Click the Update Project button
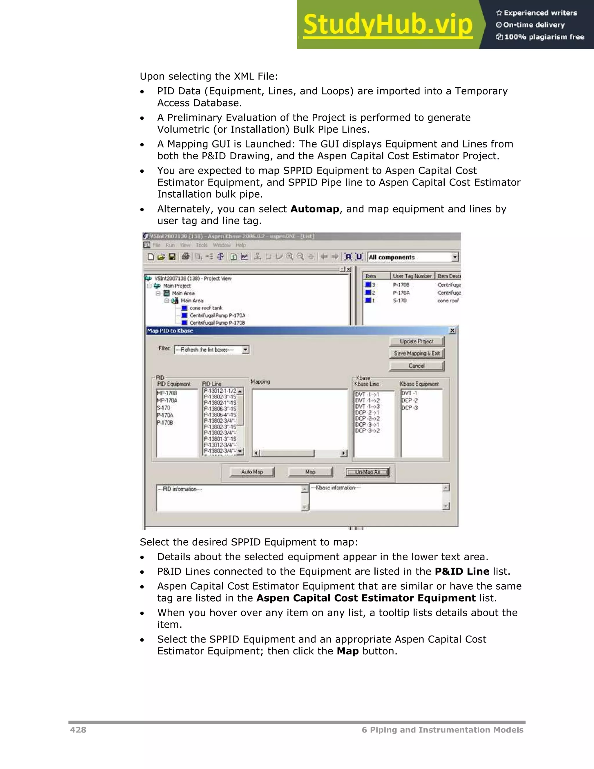pos(416,341)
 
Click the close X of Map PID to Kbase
pos(452,331)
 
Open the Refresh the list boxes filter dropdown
pos(246,350)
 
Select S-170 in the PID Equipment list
pos(164,408)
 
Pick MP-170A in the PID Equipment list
pos(167,400)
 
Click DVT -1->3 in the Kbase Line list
pos(367,406)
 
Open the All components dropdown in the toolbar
pos(455,257)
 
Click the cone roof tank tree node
pos(206,308)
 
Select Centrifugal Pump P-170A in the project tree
pos(217,315)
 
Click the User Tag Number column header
pos(412,276)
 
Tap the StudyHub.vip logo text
pos(388,25)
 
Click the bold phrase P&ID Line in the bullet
pos(462,571)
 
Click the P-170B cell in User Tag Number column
pos(401,284)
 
